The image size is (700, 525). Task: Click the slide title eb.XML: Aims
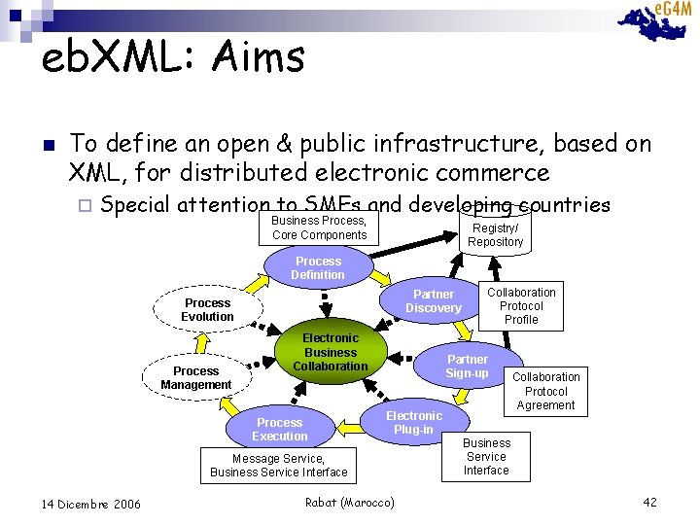[x=173, y=57]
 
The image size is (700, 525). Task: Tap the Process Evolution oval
[x=207, y=310]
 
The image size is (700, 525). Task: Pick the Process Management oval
[x=195, y=377]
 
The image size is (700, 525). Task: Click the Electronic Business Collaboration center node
[x=331, y=352]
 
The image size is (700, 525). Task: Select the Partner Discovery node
[x=434, y=301]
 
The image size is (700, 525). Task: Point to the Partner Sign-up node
[x=467, y=367]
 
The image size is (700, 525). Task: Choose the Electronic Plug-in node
[x=413, y=423]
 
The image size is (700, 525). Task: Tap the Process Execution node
[x=279, y=429]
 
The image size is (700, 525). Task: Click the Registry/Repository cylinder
[x=495, y=234]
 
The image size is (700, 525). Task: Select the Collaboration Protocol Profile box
[x=521, y=305]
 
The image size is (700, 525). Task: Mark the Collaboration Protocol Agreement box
[x=545, y=391]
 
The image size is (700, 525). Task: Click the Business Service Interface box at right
[x=486, y=456]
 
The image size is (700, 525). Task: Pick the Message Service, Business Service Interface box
[x=278, y=466]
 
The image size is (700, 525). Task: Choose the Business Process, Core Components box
[x=319, y=227]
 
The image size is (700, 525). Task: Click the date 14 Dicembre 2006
[x=91, y=504]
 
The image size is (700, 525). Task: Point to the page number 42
[x=650, y=502]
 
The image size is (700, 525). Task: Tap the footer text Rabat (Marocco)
[x=350, y=502]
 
